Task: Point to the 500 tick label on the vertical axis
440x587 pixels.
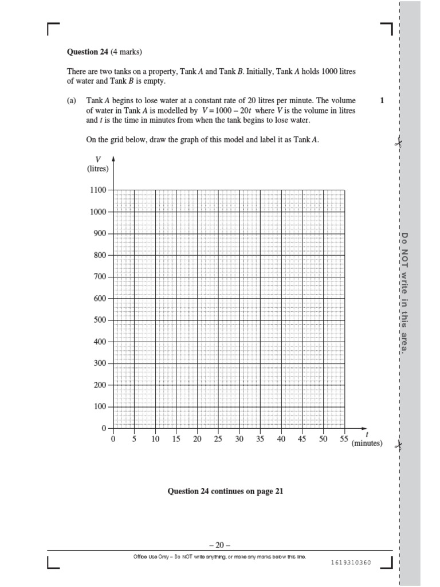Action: point(100,320)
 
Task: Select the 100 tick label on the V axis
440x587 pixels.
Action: point(100,406)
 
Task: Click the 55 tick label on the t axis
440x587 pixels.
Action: point(344,439)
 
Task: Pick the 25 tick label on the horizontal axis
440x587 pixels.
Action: point(218,439)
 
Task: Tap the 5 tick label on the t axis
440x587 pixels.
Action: point(134,439)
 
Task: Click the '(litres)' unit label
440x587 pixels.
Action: point(99,169)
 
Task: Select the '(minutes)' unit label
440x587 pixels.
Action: point(367,444)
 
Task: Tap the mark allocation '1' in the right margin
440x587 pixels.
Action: point(382,100)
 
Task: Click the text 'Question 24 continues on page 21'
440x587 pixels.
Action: point(225,491)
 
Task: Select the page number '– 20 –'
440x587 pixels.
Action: point(220,545)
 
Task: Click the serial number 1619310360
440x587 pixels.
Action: point(351,562)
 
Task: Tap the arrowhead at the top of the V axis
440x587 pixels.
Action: point(113,159)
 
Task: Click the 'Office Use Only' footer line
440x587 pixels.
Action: point(220,556)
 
